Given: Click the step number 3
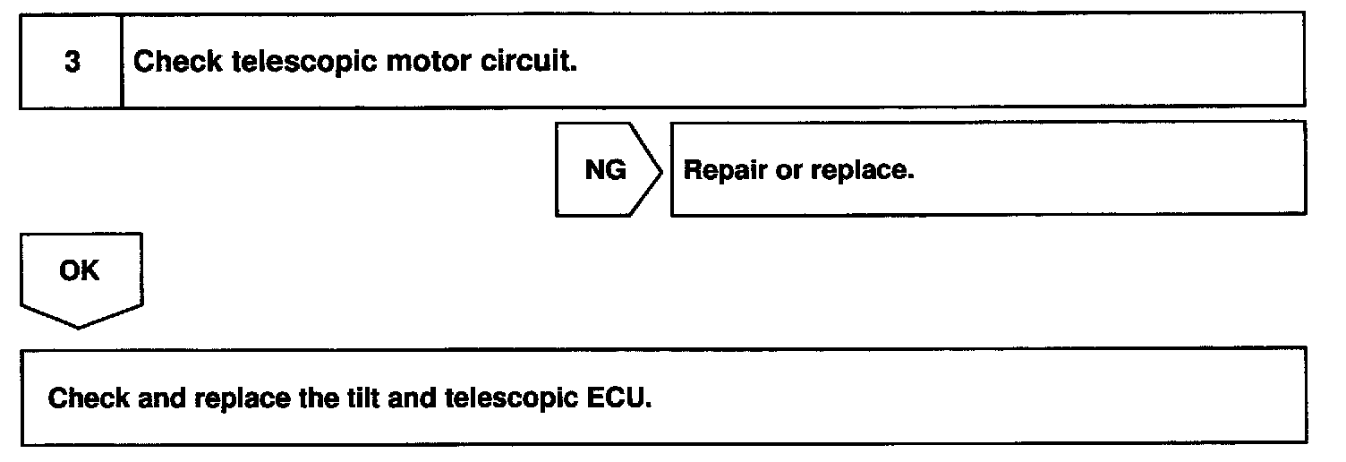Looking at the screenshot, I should tap(70, 63).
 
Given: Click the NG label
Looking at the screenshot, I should tap(605, 170).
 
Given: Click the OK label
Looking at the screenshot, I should tap(79, 271).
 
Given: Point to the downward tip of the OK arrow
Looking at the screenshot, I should tap(79, 326).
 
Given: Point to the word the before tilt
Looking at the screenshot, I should tap(317, 397).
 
